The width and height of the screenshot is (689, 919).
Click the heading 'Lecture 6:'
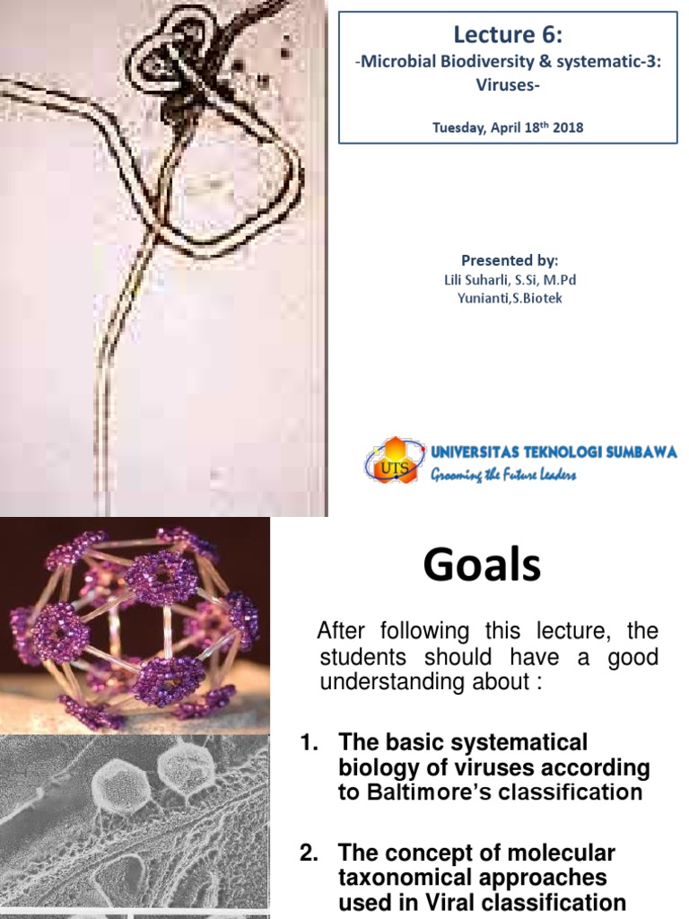[x=508, y=35]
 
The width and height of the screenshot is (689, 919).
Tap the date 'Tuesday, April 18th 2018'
[x=508, y=127]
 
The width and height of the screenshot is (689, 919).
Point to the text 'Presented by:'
[x=510, y=260]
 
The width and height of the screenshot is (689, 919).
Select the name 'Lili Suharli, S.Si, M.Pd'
[x=510, y=280]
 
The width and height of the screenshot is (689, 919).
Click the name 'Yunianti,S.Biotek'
[x=510, y=298]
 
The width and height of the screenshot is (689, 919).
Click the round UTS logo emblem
[x=394, y=459]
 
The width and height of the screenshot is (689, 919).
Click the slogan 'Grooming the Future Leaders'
[x=503, y=475]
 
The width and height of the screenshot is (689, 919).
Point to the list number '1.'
[x=310, y=743]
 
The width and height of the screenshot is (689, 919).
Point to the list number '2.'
[x=310, y=853]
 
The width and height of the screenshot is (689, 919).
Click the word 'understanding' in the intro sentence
[x=380, y=682]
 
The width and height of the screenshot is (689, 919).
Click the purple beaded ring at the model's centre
[x=161, y=579]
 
